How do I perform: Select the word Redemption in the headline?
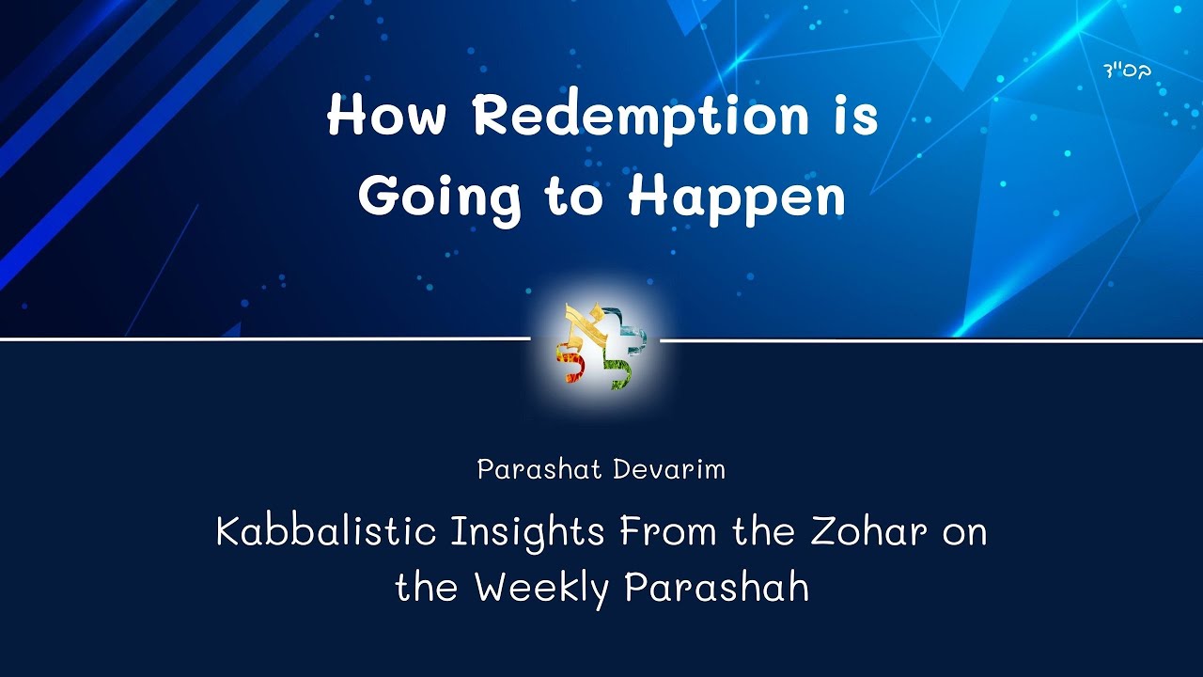coord(640,118)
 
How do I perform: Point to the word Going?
coord(440,198)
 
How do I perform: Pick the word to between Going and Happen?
coord(573,198)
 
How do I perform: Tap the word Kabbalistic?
coord(326,532)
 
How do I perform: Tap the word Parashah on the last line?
coord(716,589)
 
